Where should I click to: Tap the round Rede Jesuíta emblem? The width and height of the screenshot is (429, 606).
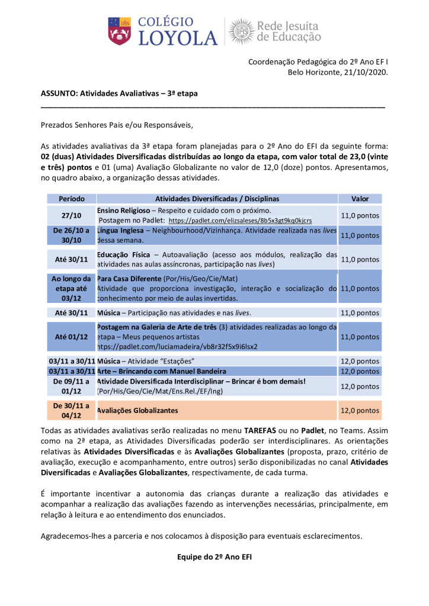coord(241,31)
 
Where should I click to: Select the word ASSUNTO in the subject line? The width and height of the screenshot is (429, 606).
coord(58,94)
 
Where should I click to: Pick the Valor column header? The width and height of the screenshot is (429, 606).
coord(360,199)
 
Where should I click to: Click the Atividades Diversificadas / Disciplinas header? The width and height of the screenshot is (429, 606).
coord(217,199)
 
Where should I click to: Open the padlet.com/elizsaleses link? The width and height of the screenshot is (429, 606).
coord(240,220)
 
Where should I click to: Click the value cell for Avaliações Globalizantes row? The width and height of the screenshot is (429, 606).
coord(360,410)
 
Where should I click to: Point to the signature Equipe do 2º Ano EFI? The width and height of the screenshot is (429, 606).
coord(214,557)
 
